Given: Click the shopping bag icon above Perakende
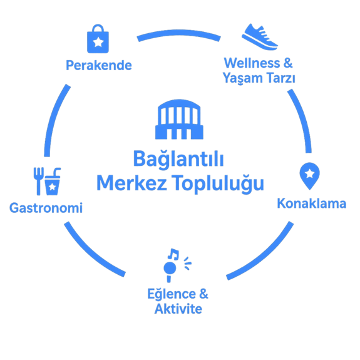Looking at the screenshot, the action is (x=98, y=39).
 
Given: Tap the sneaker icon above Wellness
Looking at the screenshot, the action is (x=260, y=37).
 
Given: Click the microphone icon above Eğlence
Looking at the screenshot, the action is (x=170, y=271).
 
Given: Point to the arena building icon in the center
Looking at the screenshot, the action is (x=179, y=119).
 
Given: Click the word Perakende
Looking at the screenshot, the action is (x=99, y=66).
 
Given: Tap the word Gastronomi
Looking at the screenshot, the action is (x=46, y=208).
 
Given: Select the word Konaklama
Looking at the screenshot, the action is (x=312, y=203).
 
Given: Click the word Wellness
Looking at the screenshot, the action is (x=252, y=63).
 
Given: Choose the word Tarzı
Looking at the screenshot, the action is (x=281, y=78).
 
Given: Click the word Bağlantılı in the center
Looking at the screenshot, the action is (x=178, y=159).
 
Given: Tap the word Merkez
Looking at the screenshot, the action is (x=131, y=183).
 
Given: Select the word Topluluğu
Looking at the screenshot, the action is (x=218, y=184).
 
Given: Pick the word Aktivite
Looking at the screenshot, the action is (x=178, y=309).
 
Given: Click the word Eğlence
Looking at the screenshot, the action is (x=172, y=294).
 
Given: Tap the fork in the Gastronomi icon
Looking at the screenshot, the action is (x=39, y=181).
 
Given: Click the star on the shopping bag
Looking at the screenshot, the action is (x=98, y=42).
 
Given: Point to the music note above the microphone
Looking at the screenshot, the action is (x=173, y=254).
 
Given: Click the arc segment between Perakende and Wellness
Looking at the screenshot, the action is (x=179, y=33).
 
